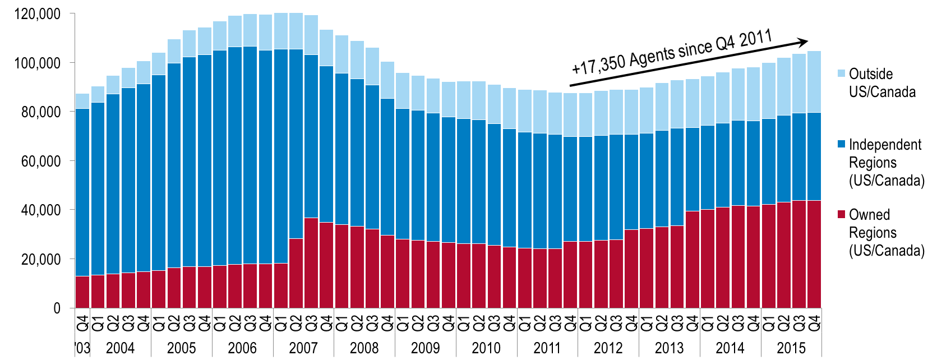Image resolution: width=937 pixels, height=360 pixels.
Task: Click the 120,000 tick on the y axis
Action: [38, 14]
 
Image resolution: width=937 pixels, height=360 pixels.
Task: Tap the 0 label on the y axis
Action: [57, 308]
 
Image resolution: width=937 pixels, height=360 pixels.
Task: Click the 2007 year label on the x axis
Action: [303, 348]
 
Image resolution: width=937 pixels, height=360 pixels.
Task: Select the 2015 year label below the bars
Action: [791, 348]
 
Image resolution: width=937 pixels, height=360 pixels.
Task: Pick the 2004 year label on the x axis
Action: [120, 348]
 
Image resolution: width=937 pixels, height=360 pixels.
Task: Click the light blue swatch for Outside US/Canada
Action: [841, 73]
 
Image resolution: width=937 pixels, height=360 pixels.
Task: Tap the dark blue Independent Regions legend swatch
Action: [841, 144]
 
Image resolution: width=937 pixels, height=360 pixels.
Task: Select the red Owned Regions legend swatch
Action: [841, 214]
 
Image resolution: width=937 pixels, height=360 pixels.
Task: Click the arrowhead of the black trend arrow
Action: [804, 41]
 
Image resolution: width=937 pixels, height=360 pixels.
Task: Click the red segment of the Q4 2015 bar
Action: [814, 254]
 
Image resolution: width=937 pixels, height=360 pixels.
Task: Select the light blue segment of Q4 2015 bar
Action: [814, 82]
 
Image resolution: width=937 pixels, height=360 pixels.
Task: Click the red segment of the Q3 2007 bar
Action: [311, 262]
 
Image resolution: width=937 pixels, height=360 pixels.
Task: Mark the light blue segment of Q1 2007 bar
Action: [281, 31]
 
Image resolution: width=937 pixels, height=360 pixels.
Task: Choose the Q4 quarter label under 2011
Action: [570, 324]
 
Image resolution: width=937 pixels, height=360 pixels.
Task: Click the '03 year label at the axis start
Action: [82, 348]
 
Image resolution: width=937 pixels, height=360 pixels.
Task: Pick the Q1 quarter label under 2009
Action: [403, 324]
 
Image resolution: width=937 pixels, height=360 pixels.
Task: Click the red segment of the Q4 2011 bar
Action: [570, 274]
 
